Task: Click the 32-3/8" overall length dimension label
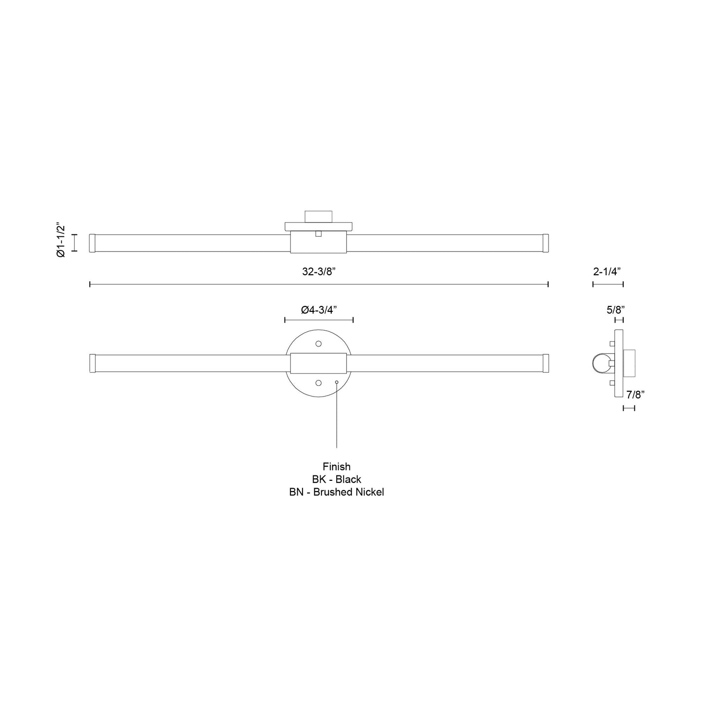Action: tap(319, 272)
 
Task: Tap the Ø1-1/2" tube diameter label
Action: tap(60, 240)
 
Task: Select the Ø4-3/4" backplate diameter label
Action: tap(319, 310)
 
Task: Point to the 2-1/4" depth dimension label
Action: tap(607, 272)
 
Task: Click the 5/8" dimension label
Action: tap(616, 309)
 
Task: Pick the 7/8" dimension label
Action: tap(636, 395)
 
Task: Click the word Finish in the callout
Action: tap(336, 466)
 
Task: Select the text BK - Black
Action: tap(336, 479)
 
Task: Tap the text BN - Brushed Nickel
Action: tap(336, 492)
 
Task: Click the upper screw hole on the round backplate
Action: tap(319, 343)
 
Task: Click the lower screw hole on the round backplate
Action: tap(319, 382)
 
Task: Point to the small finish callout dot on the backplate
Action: tap(337, 382)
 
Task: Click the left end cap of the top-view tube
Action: tap(92, 243)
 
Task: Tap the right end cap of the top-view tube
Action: tap(546, 243)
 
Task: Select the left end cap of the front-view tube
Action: tap(92, 363)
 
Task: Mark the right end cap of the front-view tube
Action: tap(546, 363)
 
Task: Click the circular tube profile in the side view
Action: tap(600, 363)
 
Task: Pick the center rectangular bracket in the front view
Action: tap(319, 363)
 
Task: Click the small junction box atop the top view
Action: tap(319, 216)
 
